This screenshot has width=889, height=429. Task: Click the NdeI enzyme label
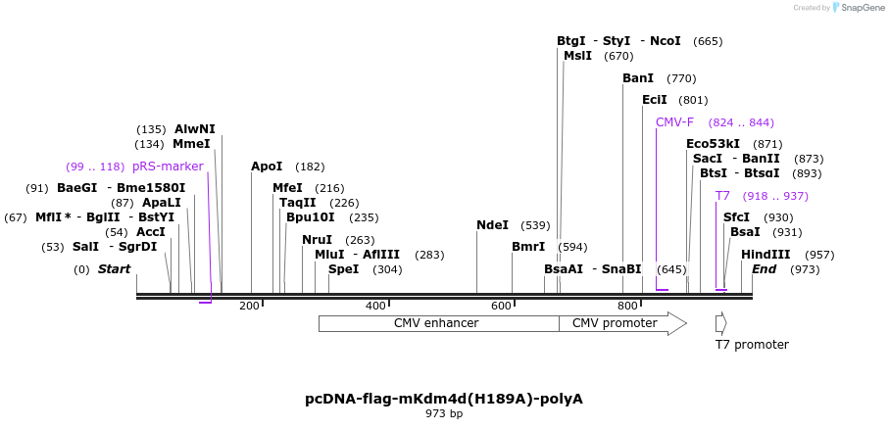tap(492, 225)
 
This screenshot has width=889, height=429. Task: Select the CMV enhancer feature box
tap(436, 323)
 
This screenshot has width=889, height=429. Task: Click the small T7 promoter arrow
tap(720, 323)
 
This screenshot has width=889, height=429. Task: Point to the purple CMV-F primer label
tap(674, 122)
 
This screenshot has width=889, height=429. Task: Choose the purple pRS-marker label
tap(168, 167)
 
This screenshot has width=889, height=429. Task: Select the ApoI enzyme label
tap(267, 167)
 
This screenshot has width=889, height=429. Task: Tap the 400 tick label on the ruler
tap(375, 307)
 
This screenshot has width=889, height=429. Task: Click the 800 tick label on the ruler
tap(628, 307)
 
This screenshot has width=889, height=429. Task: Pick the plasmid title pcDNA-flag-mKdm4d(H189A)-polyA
tap(443, 399)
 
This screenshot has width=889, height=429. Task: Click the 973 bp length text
tap(443, 414)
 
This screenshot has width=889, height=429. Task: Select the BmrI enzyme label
tap(528, 247)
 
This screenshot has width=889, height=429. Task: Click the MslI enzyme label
tap(577, 56)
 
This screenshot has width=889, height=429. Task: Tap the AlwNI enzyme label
tap(195, 129)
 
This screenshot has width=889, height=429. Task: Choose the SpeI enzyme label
tap(343, 269)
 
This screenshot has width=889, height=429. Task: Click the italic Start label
tap(114, 269)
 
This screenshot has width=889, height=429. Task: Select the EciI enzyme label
tap(655, 100)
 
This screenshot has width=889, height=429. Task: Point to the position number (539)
tap(535, 225)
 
